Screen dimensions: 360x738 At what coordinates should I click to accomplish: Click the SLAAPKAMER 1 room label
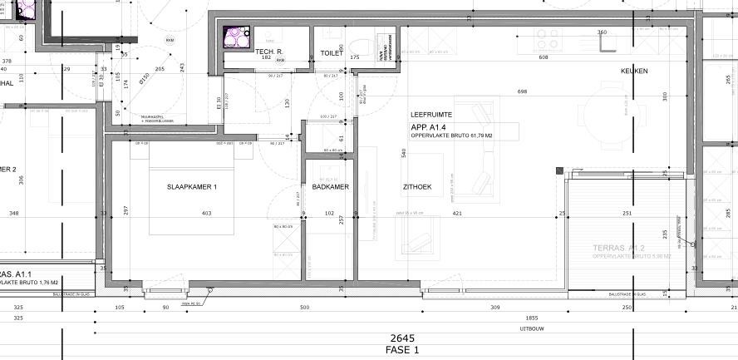click(191, 187)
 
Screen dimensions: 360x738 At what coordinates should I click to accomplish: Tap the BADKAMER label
click(330, 187)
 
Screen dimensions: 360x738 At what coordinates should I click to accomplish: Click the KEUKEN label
click(633, 72)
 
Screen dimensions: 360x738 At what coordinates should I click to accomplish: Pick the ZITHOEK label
click(417, 187)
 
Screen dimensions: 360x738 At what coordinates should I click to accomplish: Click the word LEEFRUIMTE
click(430, 114)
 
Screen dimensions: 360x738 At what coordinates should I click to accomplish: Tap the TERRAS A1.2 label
click(619, 248)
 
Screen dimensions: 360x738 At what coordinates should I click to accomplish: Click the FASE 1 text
click(402, 350)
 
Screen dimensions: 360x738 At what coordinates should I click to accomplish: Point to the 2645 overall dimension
click(402, 338)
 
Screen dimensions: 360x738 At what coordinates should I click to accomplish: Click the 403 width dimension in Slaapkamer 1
click(206, 214)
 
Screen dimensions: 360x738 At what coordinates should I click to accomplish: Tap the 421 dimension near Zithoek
click(456, 214)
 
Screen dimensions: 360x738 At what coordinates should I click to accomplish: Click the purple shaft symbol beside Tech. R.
click(237, 39)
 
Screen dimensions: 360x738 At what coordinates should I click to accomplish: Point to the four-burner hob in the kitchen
click(547, 37)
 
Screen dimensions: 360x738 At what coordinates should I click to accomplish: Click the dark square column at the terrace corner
click(560, 170)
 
